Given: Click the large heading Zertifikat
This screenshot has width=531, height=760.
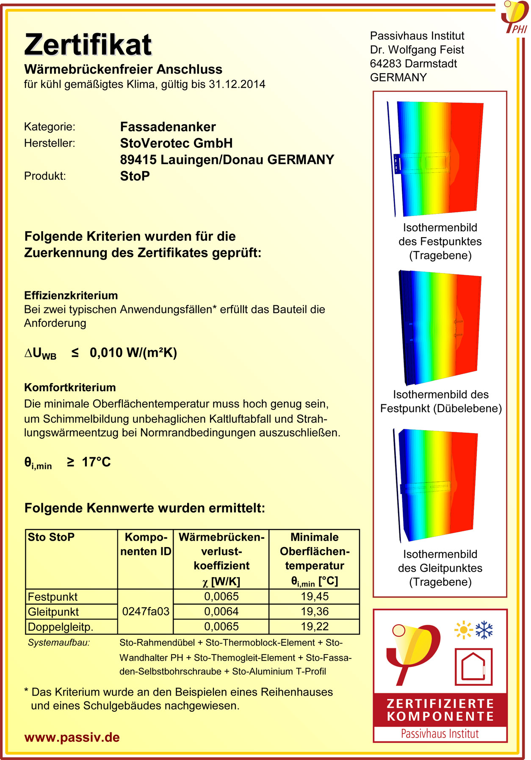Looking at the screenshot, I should (88, 45).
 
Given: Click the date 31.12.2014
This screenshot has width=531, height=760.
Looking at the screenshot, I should (237, 84).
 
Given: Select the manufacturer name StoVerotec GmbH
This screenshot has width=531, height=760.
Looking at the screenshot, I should (176, 143).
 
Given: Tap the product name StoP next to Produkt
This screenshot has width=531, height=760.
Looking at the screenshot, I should (135, 176).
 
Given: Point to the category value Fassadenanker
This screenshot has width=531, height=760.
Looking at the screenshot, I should (168, 127).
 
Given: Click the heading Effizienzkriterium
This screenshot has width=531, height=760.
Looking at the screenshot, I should (71, 296).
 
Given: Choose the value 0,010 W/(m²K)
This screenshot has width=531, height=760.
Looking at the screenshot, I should (133, 353).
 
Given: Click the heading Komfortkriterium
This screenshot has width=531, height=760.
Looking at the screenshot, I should (70, 387).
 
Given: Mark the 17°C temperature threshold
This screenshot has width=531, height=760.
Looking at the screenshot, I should (96, 462).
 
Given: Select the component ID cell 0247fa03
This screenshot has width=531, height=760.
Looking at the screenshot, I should (145, 611).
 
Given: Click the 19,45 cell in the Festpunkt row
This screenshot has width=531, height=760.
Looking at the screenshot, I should (314, 597).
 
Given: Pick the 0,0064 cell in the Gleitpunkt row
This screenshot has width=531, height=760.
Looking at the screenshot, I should (221, 611).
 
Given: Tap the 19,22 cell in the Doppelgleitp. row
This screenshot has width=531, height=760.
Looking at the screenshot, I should (314, 626).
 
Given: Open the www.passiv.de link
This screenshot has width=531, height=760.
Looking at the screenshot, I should (72, 738).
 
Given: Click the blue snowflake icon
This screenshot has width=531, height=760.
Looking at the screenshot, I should (484, 630).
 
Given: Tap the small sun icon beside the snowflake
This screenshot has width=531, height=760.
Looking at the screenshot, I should (463, 630).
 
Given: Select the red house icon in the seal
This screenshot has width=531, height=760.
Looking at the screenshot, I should (473, 667).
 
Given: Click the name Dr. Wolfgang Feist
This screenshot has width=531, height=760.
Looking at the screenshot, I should (417, 50).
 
